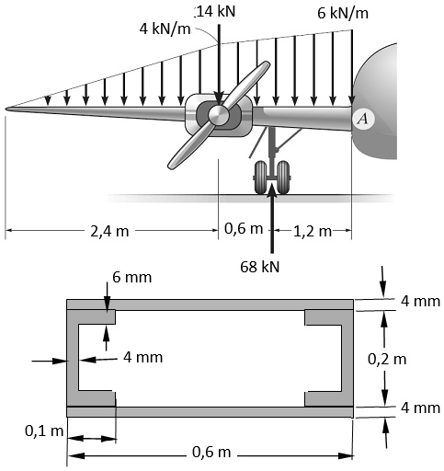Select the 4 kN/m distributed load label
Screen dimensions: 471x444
165,27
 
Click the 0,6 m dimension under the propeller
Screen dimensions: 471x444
244,230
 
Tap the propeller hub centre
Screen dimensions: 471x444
218,114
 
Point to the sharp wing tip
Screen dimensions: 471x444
7,109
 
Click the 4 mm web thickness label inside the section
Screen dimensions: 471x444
142,356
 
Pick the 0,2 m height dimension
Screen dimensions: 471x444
386,358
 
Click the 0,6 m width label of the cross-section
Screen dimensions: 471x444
211,452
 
